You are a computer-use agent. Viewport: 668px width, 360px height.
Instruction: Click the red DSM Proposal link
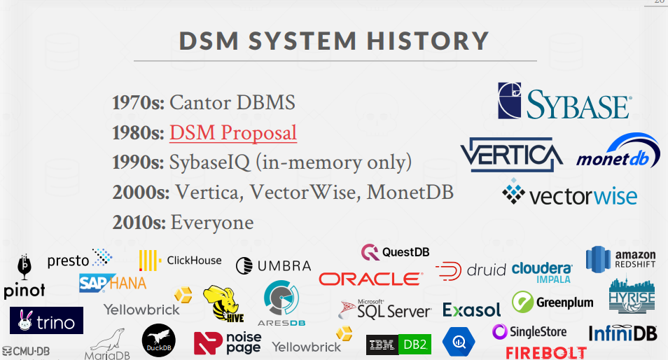click(232, 132)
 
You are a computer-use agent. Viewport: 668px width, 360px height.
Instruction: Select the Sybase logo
click(564, 101)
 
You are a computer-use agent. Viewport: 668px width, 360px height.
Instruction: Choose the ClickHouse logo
click(180, 261)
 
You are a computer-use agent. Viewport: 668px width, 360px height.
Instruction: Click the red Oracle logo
click(370, 279)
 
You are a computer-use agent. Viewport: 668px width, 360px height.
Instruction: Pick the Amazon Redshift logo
click(620, 261)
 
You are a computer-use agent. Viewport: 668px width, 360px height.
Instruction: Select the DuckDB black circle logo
click(158, 341)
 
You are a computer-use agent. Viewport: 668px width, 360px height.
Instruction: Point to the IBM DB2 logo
click(398, 344)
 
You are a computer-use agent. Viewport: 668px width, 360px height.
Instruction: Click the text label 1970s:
click(137, 103)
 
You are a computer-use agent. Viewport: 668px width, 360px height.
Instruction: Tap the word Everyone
click(212, 223)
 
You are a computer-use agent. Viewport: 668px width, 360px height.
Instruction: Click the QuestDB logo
click(395, 251)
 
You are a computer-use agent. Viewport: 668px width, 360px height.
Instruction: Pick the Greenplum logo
click(552, 303)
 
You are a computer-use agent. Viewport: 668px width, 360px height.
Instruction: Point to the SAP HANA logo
click(112, 282)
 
